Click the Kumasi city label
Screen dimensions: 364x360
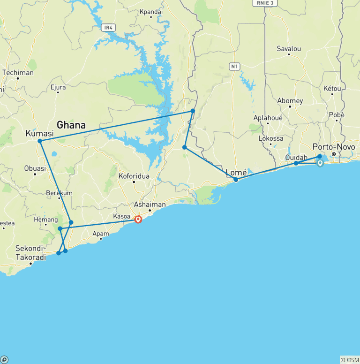[x=40, y=134]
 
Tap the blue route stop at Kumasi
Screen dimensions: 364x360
[x=40, y=141]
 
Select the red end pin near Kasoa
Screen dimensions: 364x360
[x=138, y=219]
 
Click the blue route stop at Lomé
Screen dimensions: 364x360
[x=236, y=180]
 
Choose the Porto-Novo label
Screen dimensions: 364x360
[x=334, y=147]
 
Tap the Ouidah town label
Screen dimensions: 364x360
[x=296, y=157]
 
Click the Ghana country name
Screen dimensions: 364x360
[x=71, y=125]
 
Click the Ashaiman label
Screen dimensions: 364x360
[x=150, y=205]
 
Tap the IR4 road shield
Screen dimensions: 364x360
[x=108, y=28]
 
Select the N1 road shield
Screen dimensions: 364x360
[x=235, y=67]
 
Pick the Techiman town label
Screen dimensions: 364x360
[x=18, y=73]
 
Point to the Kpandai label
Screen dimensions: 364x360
[x=151, y=11]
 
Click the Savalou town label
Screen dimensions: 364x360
[x=288, y=48]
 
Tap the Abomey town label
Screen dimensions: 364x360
[x=290, y=100]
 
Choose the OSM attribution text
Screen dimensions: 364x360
[x=349, y=360]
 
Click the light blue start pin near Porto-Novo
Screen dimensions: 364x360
[x=320, y=163]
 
